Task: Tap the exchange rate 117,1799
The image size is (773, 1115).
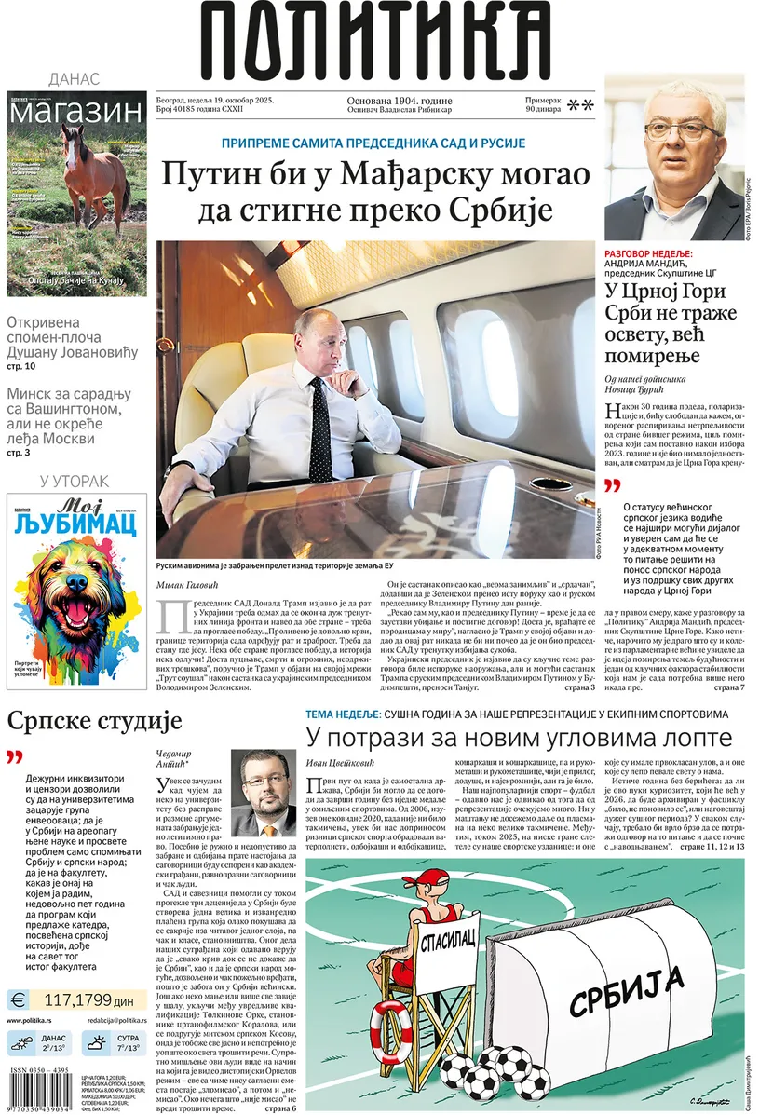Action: [89, 999]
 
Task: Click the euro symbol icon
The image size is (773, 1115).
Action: [19, 999]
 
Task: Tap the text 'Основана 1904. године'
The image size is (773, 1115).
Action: [400, 101]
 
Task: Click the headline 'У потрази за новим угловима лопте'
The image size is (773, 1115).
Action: [520, 739]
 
